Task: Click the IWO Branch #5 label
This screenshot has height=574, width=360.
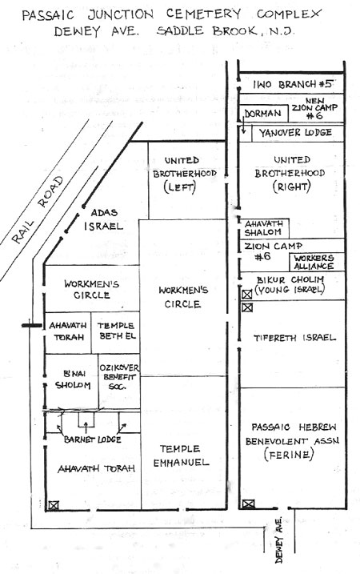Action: point(293,84)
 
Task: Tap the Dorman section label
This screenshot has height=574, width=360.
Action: point(262,114)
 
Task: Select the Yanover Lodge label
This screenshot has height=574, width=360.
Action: point(295,133)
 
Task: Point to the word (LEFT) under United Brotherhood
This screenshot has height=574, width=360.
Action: point(180,187)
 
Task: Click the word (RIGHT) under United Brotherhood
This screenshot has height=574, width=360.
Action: point(291,187)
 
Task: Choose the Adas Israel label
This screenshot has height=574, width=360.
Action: point(103,219)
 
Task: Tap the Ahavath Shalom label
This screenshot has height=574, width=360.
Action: point(263,227)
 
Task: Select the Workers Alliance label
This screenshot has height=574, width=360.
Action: point(314,262)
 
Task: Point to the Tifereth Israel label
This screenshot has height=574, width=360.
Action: point(294,338)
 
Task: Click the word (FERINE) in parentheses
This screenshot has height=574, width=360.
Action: point(289,455)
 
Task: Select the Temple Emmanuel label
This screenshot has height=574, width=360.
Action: point(181,456)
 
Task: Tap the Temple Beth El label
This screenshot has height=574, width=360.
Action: point(116,331)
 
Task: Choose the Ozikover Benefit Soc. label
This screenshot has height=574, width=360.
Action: point(119,377)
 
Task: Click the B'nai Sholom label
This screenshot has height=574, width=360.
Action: point(73,379)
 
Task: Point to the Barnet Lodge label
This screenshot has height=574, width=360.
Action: point(92,440)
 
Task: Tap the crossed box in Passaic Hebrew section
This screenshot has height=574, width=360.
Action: point(249,504)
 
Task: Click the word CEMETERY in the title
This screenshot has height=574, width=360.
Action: point(203,14)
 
